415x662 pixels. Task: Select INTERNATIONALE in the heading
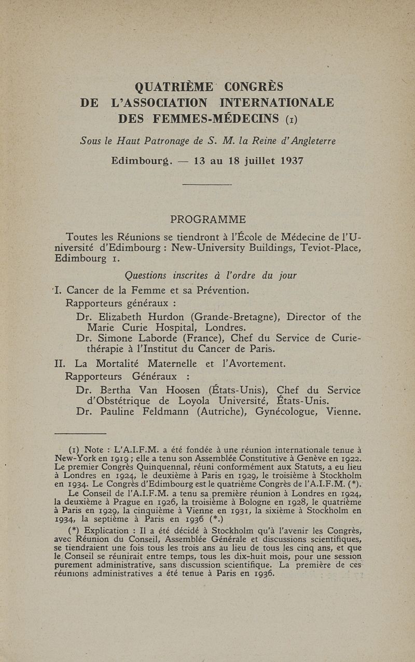pyautogui.click(x=275, y=102)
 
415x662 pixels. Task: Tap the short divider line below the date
pyautogui.click(x=207, y=184)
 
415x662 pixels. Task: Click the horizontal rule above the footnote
pyautogui.click(x=80, y=433)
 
